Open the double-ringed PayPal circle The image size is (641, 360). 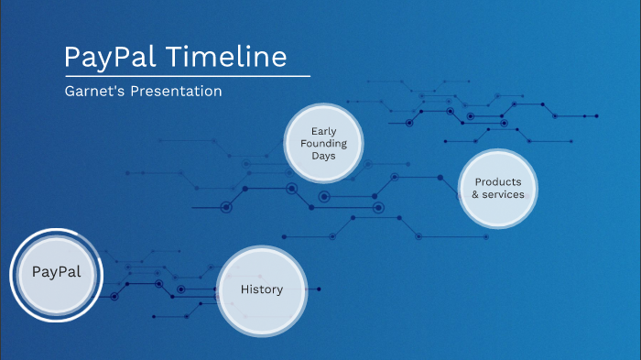coord(56,273)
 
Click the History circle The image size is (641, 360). coord(261,289)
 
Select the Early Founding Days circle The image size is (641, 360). coord(323,144)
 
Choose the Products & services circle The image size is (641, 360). coord(498,188)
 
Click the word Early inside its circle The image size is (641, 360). coord(323,132)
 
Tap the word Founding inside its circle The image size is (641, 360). coord(323,144)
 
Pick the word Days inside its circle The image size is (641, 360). coord(323,156)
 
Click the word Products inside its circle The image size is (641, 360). coord(498,181)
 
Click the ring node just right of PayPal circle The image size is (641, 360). coord(114,296)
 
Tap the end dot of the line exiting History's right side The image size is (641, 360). coord(319,289)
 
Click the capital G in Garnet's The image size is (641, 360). coord(70,92)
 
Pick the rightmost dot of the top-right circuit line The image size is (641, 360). coord(597,116)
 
